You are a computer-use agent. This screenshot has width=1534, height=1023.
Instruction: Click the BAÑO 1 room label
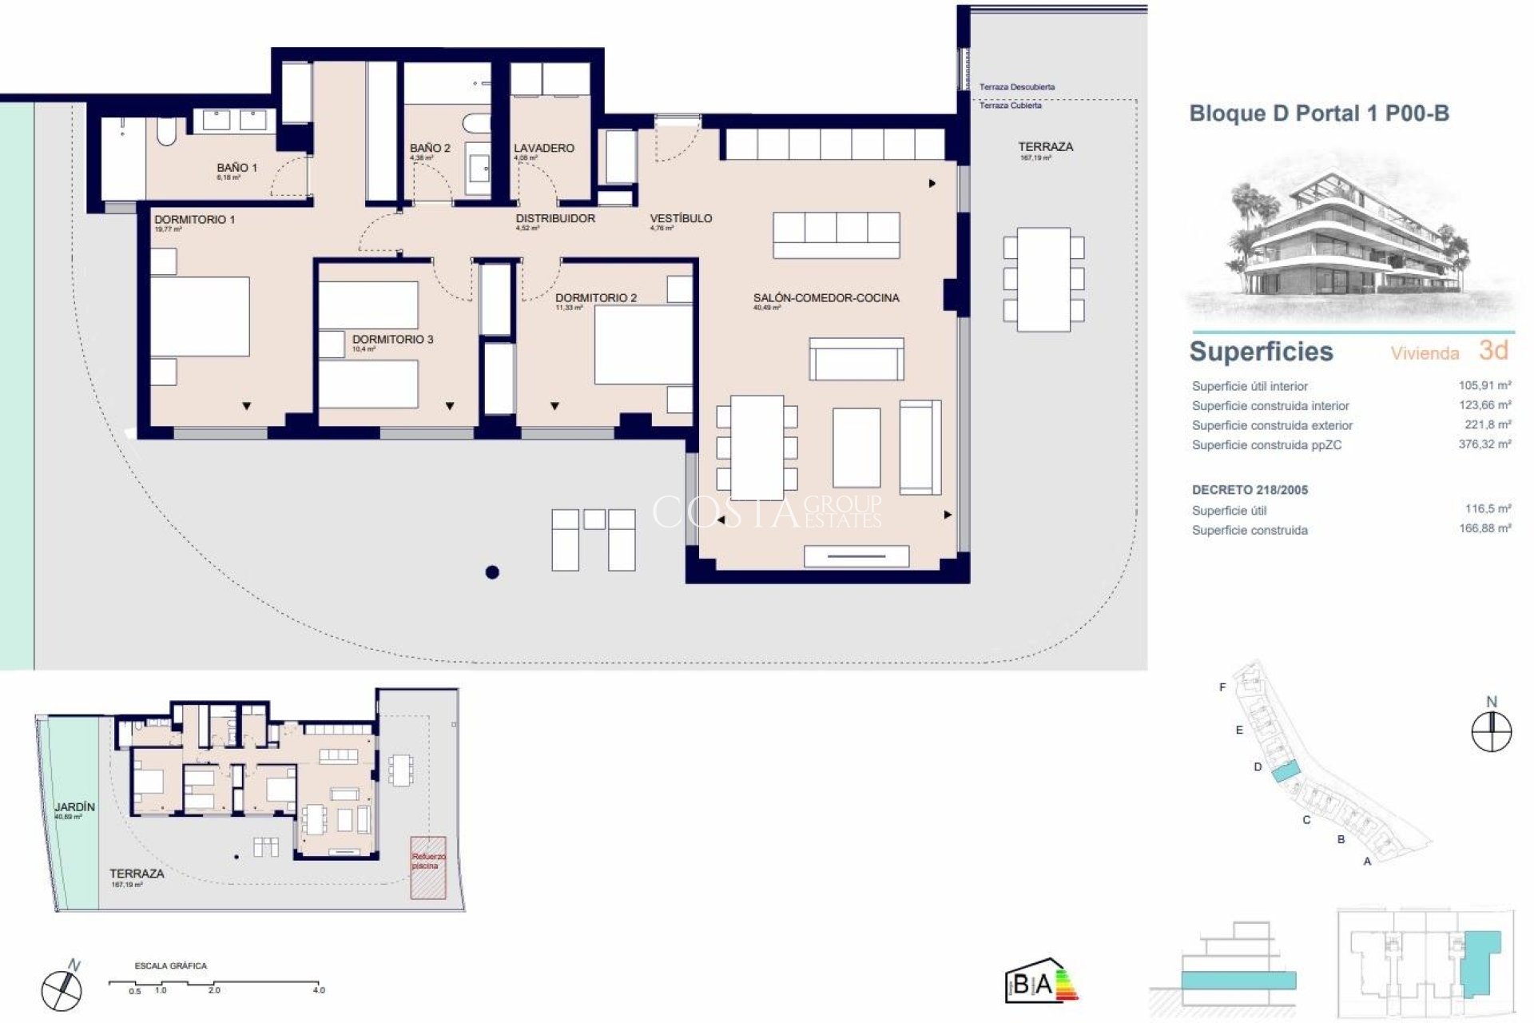236,168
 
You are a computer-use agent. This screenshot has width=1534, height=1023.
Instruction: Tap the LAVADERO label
543,148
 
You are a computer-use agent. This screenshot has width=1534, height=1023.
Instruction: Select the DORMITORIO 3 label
392,340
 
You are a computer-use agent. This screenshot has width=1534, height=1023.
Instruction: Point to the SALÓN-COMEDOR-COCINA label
825,298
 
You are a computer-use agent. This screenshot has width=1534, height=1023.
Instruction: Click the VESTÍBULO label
681,218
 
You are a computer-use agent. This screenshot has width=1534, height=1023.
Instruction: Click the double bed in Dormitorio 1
200,316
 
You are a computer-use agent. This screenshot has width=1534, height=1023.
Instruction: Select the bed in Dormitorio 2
643,344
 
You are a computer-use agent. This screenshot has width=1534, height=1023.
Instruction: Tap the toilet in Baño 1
166,132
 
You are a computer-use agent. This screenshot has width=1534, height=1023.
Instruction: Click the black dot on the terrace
492,571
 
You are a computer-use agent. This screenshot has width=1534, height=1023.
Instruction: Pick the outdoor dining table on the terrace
1043,279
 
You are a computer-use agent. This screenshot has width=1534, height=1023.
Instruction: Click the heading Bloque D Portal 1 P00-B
1319,113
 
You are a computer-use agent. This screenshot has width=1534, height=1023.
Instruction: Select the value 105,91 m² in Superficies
1484,385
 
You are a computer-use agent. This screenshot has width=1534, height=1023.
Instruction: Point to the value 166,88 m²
1484,528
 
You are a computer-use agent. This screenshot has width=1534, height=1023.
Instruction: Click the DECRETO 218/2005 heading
1250,490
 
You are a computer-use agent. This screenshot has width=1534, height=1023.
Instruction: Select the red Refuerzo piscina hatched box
427,867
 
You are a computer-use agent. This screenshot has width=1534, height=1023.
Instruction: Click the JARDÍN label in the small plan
74,807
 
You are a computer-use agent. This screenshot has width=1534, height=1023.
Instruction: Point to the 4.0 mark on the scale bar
319,989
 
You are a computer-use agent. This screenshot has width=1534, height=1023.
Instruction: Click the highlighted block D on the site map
1285,772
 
